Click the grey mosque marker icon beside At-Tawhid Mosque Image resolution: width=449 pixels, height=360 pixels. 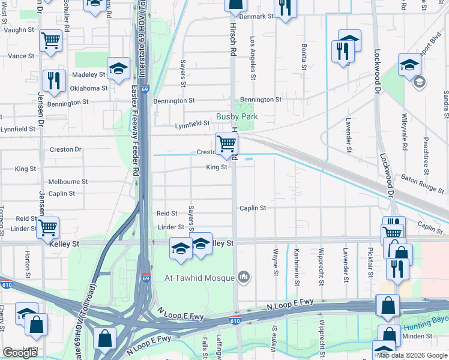point(243,277)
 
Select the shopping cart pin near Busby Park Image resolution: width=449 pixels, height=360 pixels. point(226,145)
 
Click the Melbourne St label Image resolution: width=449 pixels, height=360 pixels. point(68,181)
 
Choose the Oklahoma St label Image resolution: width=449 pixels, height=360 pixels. point(89,88)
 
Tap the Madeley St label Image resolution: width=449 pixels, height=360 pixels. point(88,75)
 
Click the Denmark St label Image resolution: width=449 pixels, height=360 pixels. point(255,17)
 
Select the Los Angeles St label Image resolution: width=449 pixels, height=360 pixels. point(253,58)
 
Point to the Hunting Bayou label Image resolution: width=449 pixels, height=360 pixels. point(426,327)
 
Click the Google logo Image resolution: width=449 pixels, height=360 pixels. point(19,353)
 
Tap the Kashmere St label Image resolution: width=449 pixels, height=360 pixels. point(296,263)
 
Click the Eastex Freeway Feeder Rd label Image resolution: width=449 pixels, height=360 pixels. point(134,129)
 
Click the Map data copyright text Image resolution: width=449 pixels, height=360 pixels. point(412,355)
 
